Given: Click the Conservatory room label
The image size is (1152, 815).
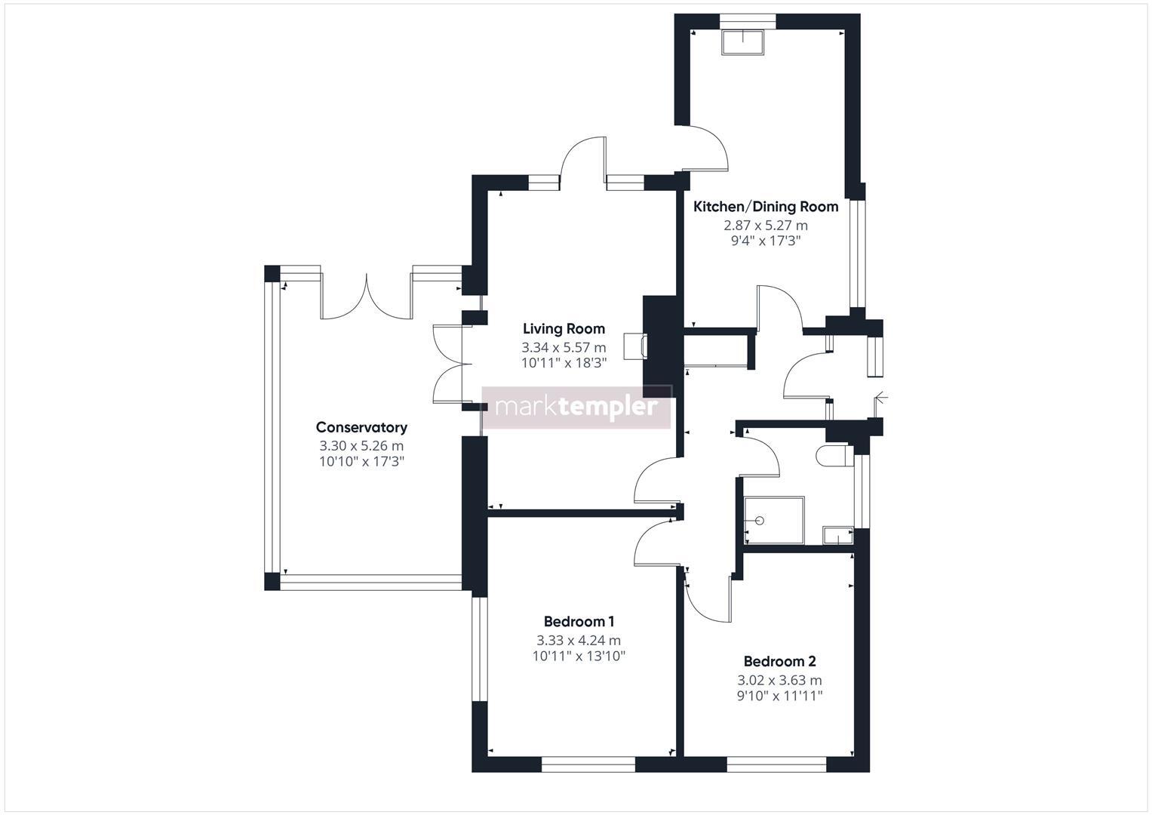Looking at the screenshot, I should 361,427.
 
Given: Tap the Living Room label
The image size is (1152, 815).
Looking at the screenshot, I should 564,328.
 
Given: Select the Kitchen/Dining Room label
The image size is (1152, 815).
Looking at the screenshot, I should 765,206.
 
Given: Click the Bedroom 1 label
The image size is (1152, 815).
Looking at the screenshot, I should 579,622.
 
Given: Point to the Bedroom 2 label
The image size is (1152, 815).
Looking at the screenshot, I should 779,661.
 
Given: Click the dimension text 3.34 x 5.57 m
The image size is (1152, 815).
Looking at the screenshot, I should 564,347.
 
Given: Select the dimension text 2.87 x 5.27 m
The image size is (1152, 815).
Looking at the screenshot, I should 765,225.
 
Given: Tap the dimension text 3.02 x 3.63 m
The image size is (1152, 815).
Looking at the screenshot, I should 779,680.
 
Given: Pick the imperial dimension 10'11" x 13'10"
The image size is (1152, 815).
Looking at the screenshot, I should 579,656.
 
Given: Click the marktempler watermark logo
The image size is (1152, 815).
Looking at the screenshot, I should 576,407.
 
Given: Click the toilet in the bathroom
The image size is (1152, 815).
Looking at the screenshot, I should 835,457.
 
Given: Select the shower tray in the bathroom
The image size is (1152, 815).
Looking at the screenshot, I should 774,520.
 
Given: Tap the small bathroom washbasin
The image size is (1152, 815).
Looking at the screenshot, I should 837,535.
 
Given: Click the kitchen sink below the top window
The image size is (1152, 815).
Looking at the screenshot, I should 743,42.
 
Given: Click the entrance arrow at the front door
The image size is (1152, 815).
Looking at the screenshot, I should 880,398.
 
